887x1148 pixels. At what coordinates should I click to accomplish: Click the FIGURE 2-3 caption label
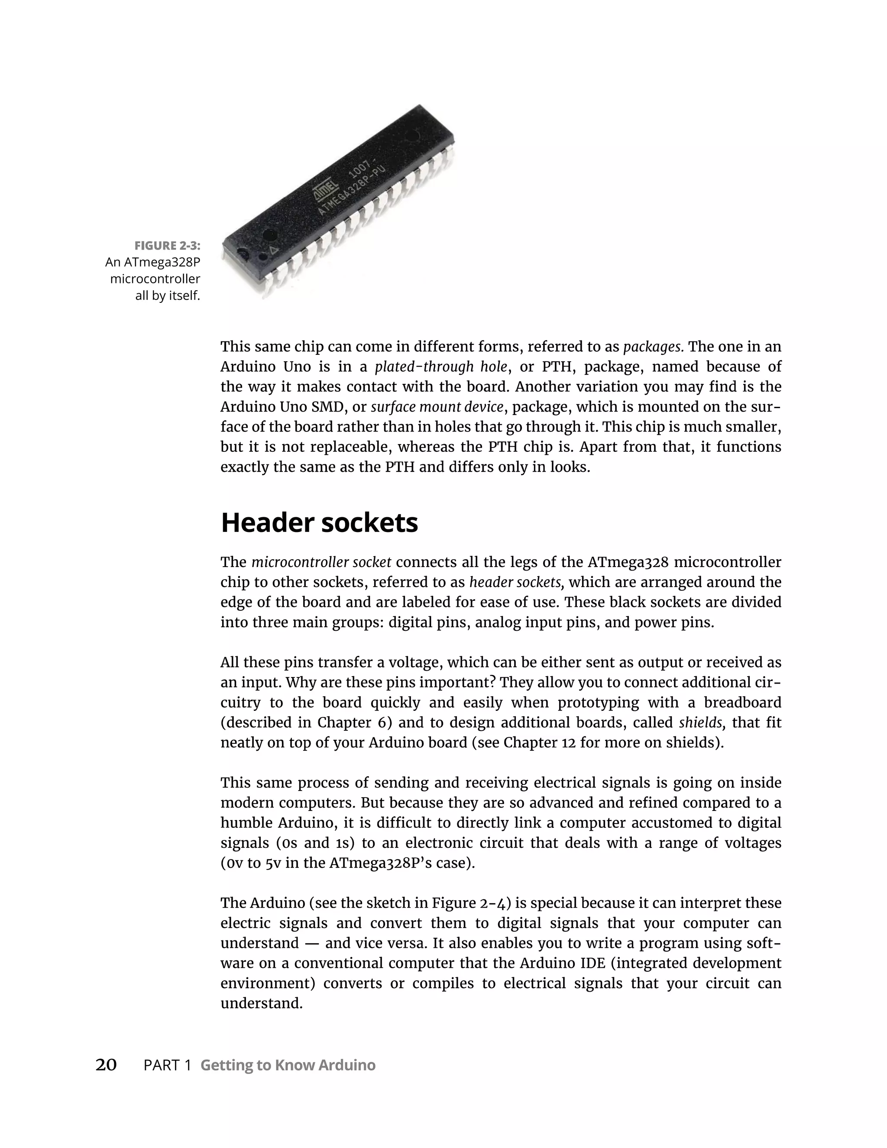(167, 246)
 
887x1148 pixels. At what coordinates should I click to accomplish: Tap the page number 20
(106, 1065)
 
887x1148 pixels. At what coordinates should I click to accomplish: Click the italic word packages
(653, 347)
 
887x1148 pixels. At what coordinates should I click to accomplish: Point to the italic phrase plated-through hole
(441, 367)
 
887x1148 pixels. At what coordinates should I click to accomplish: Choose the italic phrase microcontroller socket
(321, 562)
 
